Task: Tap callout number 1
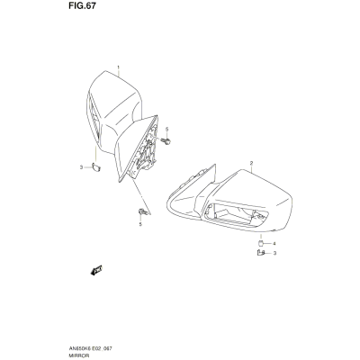point(118,67)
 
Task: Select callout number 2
point(251,163)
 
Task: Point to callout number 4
point(274,243)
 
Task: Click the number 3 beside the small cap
point(81,167)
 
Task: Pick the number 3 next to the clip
point(274,253)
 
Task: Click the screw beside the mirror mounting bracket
point(166,140)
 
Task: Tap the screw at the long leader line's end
point(142,212)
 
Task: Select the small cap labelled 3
point(96,167)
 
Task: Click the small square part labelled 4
point(261,243)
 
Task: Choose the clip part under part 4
point(261,253)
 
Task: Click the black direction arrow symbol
point(96,270)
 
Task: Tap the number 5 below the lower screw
point(140,224)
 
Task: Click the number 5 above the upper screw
point(167,129)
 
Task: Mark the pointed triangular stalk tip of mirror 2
point(214,165)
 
